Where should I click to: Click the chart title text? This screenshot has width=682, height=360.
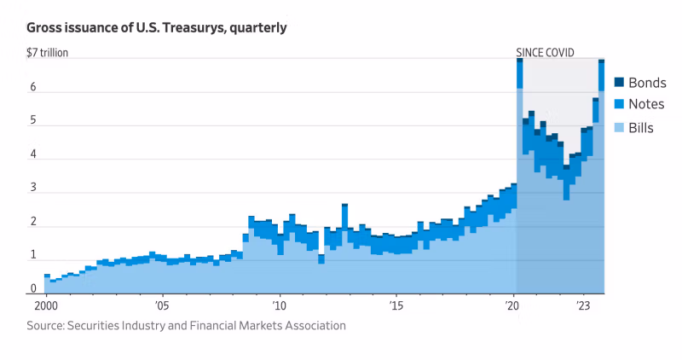click(156, 28)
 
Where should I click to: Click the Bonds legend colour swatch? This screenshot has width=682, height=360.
click(619, 83)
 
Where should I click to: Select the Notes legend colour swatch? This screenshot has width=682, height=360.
click(619, 104)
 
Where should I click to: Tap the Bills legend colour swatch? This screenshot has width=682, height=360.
click(619, 128)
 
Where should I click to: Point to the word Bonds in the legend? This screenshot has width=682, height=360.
click(647, 83)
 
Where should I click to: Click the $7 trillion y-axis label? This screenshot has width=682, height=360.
click(48, 53)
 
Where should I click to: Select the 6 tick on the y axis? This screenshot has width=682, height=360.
click(33, 88)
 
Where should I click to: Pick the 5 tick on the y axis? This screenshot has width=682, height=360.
click(33, 121)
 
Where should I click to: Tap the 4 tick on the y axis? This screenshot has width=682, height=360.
click(33, 155)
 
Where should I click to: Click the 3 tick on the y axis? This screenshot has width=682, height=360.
click(33, 189)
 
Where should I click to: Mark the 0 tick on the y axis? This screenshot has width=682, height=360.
click(33, 289)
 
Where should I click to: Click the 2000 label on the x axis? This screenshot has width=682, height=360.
click(47, 305)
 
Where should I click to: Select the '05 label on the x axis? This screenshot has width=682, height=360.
click(162, 305)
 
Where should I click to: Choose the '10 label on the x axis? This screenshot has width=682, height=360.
click(279, 305)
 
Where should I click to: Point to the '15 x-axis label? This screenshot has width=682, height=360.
click(396, 305)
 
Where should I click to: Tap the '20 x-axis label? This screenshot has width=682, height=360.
click(512, 305)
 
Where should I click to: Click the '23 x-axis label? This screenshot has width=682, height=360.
click(583, 305)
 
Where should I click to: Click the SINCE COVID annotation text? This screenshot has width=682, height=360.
click(545, 53)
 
